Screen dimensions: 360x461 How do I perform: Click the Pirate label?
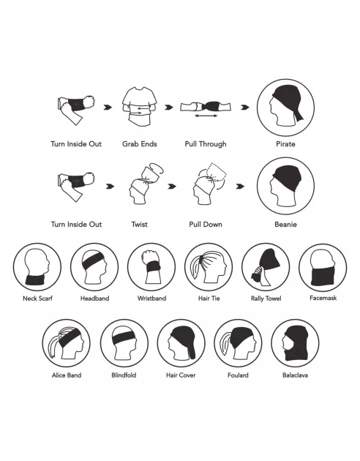click(285, 144)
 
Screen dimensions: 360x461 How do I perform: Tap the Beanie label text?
click(285, 225)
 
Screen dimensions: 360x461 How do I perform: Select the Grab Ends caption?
click(139, 144)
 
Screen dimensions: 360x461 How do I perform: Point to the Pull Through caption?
click(206, 144)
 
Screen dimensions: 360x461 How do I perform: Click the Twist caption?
click(139, 225)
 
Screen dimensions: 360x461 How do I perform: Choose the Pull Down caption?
click(206, 225)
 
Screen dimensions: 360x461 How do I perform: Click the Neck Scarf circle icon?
click(37, 267)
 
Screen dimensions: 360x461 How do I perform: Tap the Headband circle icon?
click(94, 267)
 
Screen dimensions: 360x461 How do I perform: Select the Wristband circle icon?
click(151, 267)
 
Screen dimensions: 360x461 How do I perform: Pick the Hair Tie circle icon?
click(209, 267)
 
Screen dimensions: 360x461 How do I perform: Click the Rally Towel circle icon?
click(266, 267)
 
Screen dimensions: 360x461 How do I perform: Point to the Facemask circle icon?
click(323, 267)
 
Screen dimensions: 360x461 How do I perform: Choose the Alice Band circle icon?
click(66, 343)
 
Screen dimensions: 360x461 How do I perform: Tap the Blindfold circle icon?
click(124, 343)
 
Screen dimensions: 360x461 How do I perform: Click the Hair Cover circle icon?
click(181, 343)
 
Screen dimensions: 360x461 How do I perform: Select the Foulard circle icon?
click(238, 343)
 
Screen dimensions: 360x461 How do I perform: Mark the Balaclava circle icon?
click(295, 343)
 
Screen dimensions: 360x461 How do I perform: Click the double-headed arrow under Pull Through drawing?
click(206, 116)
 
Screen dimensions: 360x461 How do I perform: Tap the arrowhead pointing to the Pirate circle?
click(245, 108)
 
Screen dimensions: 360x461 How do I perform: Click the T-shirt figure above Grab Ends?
click(139, 106)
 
